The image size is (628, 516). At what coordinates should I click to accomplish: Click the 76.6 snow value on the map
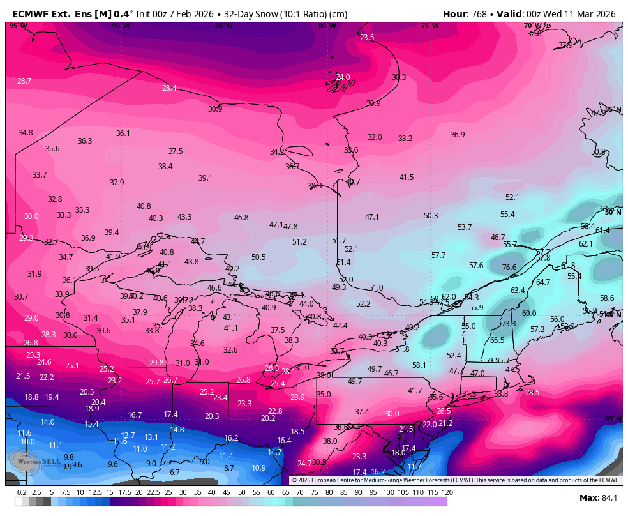point(509,268)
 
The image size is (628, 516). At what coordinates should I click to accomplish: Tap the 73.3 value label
point(508,324)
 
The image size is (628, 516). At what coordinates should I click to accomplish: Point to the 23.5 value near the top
point(367,38)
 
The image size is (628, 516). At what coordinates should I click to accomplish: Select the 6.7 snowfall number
point(174,473)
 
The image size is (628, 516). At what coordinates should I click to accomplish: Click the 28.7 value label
point(24,81)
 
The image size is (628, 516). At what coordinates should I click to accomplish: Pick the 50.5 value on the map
point(258,257)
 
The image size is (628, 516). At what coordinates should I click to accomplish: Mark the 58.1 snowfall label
point(419,365)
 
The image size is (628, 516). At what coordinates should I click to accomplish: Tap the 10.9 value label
point(258,468)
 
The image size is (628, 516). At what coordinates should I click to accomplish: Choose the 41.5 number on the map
point(407,178)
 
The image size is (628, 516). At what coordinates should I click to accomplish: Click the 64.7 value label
point(542,282)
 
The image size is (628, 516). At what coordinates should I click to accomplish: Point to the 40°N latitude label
point(613,419)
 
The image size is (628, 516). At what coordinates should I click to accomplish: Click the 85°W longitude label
point(223,26)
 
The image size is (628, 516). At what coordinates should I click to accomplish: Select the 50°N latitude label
point(613,212)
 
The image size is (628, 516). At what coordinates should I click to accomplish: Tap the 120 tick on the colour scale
point(447,492)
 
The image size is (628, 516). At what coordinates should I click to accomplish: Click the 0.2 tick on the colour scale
point(22,492)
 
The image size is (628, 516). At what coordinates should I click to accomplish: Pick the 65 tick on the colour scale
point(285,492)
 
